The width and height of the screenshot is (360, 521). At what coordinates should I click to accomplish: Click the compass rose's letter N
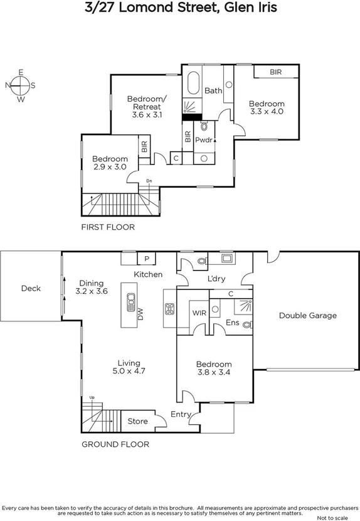(x=8, y=85)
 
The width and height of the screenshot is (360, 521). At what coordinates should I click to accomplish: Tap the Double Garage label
(x=307, y=316)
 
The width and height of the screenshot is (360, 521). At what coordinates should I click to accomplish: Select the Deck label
(x=31, y=288)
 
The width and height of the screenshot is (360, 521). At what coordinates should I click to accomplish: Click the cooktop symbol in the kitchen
(x=169, y=308)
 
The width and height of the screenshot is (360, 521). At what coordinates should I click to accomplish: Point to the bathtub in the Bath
(x=192, y=83)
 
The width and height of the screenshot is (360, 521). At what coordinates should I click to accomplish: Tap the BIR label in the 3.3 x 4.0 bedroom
(x=275, y=72)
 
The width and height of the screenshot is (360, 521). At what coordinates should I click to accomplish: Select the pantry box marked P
(x=147, y=259)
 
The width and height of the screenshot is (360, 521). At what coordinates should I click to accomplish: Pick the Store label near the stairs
(x=138, y=421)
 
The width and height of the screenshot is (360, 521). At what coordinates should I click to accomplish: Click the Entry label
(x=181, y=414)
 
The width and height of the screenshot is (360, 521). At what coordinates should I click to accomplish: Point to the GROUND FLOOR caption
(x=115, y=444)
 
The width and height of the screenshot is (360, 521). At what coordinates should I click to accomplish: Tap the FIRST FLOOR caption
(x=108, y=227)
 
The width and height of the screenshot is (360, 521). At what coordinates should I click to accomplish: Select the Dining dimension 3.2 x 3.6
(x=92, y=291)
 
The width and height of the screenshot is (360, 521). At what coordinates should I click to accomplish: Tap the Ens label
(x=231, y=323)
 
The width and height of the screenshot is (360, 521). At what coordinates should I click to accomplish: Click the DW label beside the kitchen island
(x=140, y=318)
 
